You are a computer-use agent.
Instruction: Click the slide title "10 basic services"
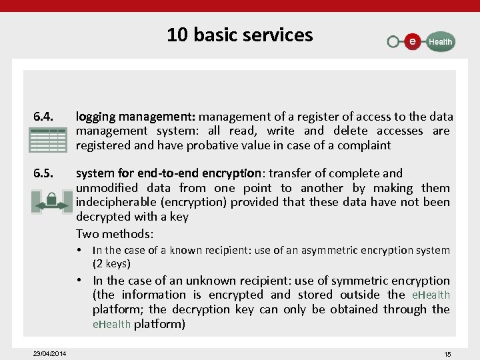tap(239, 35)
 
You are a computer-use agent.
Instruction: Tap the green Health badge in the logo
tap(439, 41)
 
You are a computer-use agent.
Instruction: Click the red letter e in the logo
tap(413, 41)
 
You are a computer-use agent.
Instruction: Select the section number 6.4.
tap(45, 117)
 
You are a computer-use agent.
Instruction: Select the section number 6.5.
tap(45, 173)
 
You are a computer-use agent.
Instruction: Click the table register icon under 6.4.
tap(47, 141)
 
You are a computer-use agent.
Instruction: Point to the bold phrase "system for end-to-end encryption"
tap(167, 173)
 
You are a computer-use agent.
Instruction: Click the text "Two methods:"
tap(115, 233)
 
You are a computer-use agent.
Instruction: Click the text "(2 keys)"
tap(111, 264)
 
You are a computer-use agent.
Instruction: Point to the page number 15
tap(447, 354)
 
